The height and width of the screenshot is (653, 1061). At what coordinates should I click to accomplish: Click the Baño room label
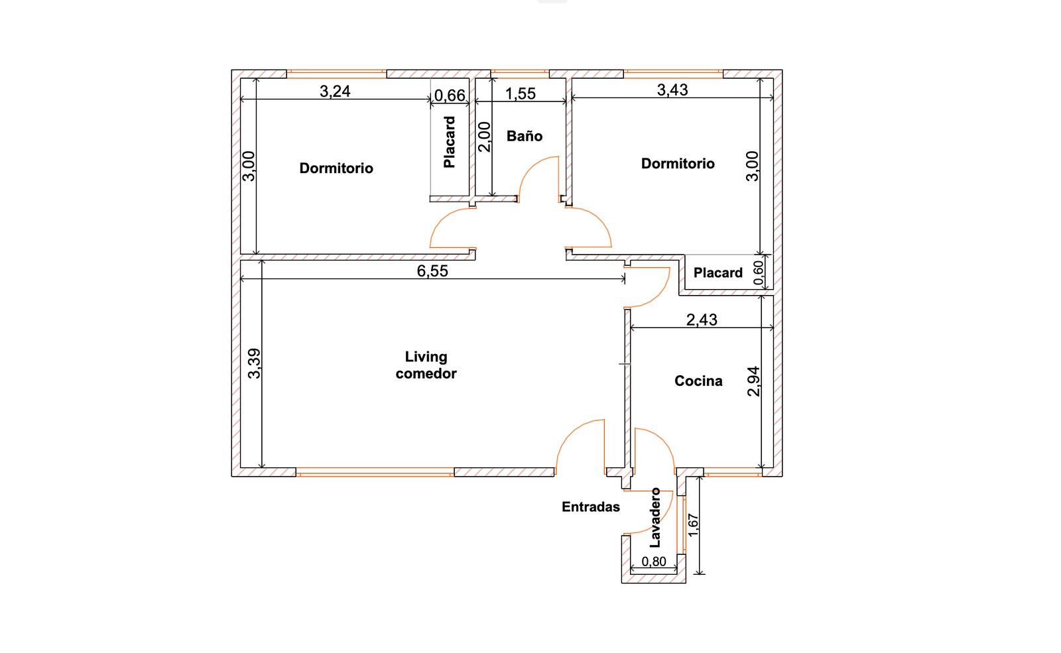[x=525, y=136]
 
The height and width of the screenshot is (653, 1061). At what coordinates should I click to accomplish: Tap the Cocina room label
[x=698, y=381]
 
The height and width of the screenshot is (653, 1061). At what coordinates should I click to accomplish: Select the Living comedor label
[x=426, y=365]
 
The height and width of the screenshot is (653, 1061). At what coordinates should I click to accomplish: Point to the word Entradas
[x=591, y=506]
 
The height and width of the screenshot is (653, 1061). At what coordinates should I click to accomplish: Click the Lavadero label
[x=655, y=518]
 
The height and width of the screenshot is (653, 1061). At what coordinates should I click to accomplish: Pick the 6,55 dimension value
[x=432, y=271]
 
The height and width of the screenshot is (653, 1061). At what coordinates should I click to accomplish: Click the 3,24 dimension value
[x=335, y=91]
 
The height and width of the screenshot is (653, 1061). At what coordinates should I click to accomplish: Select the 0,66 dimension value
[x=450, y=95]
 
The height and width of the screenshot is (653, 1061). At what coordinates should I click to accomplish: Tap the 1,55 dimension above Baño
[x=520, y=93]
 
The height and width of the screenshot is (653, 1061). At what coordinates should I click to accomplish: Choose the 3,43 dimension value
[x=672, y=90]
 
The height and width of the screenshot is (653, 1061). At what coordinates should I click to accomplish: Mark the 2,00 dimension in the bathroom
[x=485, y=137]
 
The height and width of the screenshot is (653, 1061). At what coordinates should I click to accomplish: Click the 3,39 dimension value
[x=255, y=364]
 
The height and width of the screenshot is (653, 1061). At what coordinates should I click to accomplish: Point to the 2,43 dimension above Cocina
[x=702, y=320]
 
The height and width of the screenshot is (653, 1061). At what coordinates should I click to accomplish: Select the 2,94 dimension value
[x=753, y=381]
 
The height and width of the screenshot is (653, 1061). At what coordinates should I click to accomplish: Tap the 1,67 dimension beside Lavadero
[x=693, y=525]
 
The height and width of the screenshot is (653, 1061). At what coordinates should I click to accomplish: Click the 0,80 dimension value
[x=654, y=562]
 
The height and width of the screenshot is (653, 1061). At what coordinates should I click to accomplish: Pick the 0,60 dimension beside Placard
[x=759, y=273]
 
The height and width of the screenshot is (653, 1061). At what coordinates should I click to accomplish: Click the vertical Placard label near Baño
[x=449, y=142]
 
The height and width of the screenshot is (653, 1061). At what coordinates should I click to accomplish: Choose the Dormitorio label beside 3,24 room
[x=336, y=168]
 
